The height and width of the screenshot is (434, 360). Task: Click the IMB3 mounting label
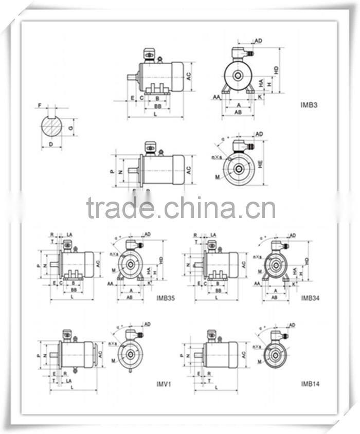click(309, 105)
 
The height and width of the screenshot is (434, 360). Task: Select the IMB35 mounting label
click(165, 297)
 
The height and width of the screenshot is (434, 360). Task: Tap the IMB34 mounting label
click(310, 297)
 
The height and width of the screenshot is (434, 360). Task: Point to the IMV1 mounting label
click(164, 383)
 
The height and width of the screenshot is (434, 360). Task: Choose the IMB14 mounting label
click(310, 383)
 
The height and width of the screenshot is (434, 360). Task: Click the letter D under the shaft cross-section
click(51, 144)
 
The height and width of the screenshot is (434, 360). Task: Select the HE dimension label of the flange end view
click(261, 164)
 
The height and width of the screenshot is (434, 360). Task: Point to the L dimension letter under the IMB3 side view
click(155, 114)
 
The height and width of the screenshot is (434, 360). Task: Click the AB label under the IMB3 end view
click(238, 112)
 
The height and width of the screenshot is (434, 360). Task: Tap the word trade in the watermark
click(120, 208)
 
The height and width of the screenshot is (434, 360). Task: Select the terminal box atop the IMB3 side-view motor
click(150, 54)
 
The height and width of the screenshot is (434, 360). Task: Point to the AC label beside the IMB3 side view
click(189, 76)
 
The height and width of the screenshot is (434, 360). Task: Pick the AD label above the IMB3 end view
click(259, 40)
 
